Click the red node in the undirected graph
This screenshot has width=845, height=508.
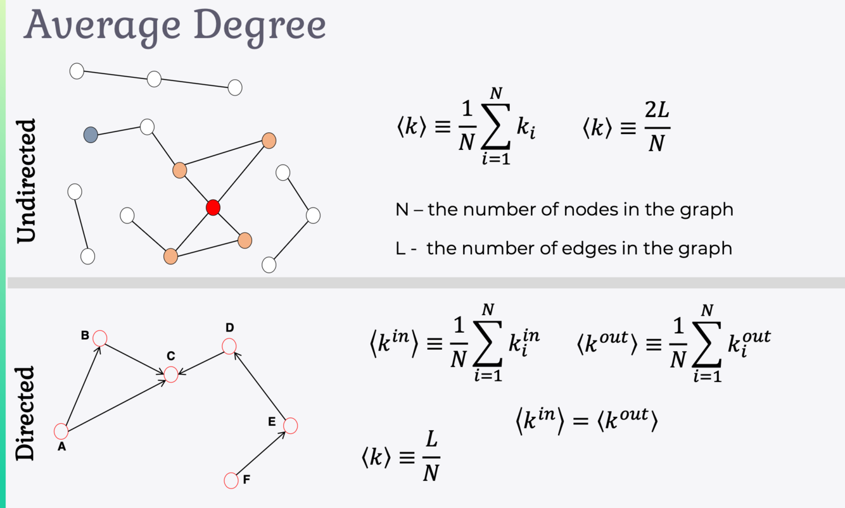(213, 208)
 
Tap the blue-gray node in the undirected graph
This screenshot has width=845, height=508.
(91, 135)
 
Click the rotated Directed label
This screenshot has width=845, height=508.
(26, 412)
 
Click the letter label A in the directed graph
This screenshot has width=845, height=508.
(61, 447)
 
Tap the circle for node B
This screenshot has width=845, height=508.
(99, 338)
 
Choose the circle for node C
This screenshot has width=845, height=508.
(171, 375)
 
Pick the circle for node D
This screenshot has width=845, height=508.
(229, 346)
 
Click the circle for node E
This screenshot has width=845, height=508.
(290, 426)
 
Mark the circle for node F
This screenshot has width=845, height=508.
(231, 480)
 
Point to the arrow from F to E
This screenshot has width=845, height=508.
(260, 453)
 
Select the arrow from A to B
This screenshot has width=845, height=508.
(80, 385)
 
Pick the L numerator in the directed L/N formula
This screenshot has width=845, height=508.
(432, 442)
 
